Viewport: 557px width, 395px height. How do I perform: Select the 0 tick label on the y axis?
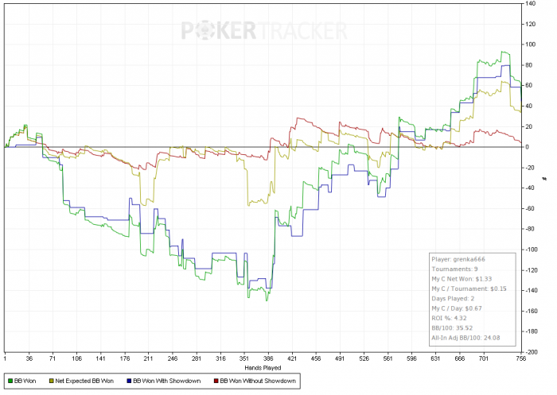527,147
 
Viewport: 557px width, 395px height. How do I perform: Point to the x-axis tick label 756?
520,358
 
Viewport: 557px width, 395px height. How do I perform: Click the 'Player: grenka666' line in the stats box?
458,258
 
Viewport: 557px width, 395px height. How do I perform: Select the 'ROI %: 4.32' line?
451,316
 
